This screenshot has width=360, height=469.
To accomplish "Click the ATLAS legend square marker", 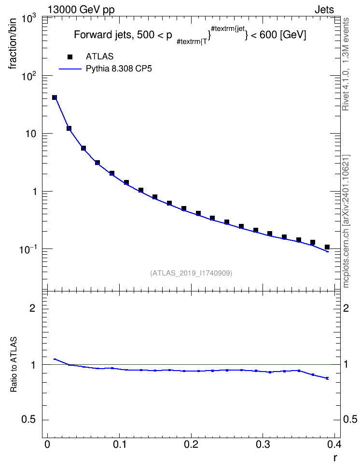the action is (70, 56).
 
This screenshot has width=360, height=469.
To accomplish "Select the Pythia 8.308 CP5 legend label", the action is (119, 69).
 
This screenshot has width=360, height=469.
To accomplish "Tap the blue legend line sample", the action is (70, 69).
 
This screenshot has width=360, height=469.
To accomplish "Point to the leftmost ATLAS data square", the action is (55, 97).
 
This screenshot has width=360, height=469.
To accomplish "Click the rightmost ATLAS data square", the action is (327, 247).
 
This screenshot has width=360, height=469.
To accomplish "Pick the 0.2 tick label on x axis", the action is (191, 444).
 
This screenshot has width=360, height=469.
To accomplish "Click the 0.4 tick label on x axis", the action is (334, 444).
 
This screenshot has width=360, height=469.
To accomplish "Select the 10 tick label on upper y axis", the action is (30, 134).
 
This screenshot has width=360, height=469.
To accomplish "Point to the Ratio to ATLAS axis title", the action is (14, 365).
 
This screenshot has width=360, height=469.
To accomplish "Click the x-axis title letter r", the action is (335, 458).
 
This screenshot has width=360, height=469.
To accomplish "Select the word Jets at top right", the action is (324, 10).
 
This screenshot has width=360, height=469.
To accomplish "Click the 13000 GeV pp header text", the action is (81, 10).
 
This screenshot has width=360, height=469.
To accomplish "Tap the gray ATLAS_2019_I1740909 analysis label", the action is (191, 273).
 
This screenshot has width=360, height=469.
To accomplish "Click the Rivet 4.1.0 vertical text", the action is (346, 64).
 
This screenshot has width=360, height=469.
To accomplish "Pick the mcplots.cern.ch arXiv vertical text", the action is (346, 221).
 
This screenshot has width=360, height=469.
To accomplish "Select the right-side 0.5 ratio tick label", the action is (350, 420).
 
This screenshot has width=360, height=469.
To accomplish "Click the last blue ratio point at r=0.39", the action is (327, 378).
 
